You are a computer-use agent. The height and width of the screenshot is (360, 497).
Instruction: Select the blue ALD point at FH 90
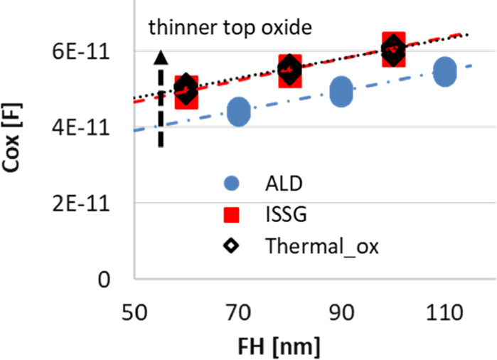[342, 92]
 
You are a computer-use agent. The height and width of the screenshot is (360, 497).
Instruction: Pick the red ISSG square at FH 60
[186, 94]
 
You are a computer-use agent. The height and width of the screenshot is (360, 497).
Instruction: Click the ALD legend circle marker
[231, 184]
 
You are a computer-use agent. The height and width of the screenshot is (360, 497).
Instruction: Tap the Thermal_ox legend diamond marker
[231, 246]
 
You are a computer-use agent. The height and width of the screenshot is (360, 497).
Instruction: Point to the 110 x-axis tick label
[445, 313]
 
